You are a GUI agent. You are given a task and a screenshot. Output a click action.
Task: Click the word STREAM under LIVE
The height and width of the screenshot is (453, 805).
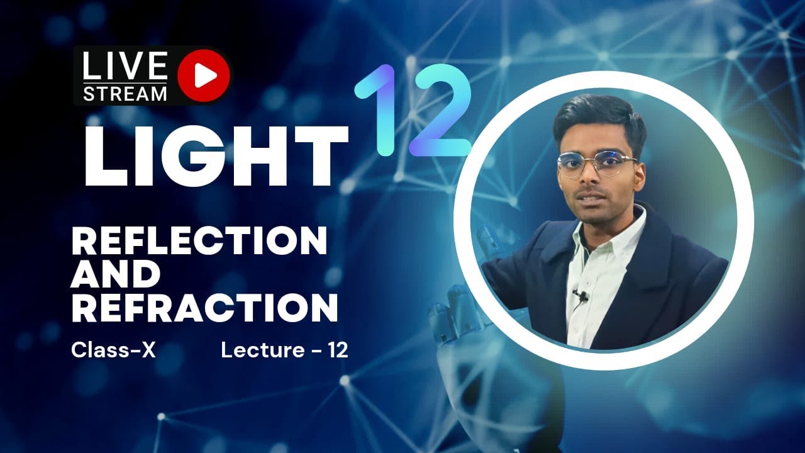coord(125,94)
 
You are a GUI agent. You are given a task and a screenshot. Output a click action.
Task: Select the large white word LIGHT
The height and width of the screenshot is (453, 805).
coord(216,155)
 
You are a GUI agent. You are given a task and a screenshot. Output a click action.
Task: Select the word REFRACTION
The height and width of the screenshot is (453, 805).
coord(204,308)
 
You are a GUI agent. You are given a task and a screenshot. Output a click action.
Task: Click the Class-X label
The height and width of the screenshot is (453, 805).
coord(113,350)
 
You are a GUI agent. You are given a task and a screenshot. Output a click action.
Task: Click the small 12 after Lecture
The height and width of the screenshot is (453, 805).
coord(338,350)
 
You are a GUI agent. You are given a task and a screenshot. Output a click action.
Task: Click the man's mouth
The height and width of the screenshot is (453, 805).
coord(591,201)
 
